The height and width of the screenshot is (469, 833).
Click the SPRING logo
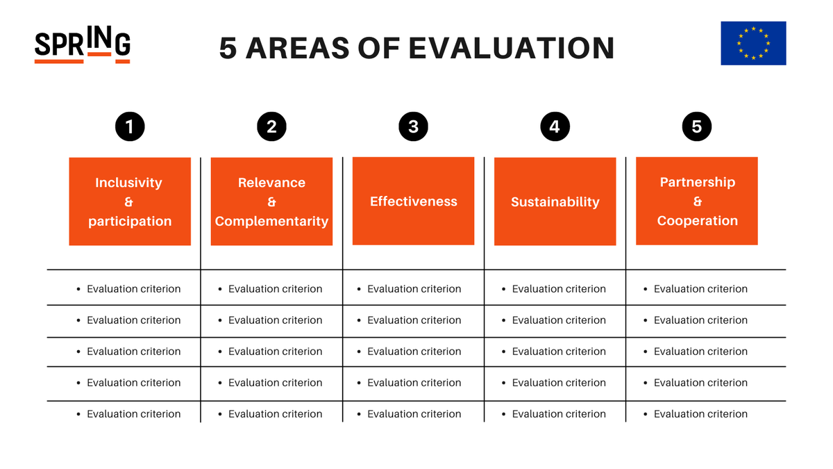[82, 46]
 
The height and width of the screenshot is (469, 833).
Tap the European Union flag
[753, 43]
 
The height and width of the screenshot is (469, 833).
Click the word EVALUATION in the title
[511, 48]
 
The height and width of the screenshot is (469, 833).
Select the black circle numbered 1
[130, 126]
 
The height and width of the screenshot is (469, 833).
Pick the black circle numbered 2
[271, 126]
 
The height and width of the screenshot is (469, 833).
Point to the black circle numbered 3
[413, 126]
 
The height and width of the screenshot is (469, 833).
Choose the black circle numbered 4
[555, 126]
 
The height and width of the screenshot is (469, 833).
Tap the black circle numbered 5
[696, 126]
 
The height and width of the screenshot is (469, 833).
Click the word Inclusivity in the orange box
[128, 183]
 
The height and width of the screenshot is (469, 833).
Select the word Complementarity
[271, 222]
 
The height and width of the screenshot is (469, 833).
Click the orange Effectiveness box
[413, 201]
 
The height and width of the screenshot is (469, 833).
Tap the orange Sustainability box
[555, 202]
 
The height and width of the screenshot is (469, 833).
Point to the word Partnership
[697, 182]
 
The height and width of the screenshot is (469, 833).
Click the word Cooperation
[697, 221]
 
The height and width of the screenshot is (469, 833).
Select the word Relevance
[271, 183]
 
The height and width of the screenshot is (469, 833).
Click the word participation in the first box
[130, 222]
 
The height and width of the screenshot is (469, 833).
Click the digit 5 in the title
[228, 48]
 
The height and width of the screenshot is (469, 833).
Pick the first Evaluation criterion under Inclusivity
[133, 289]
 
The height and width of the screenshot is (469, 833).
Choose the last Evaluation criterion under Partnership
[700, 414]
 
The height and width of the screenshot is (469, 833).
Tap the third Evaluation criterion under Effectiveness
[414, 352]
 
